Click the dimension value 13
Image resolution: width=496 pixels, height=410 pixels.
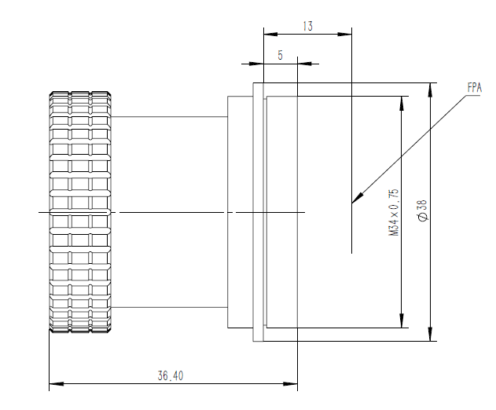pos(308,26)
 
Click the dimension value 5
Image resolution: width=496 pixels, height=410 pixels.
pos(280,55)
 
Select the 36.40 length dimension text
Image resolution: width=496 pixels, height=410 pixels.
pos(171,375)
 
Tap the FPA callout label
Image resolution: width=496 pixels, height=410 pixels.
pos(474,87)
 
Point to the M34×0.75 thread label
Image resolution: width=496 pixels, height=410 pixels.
pos(394,212)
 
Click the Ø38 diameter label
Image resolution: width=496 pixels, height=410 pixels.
pos(423,210)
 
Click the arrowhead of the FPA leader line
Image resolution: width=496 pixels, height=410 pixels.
pos(357,198)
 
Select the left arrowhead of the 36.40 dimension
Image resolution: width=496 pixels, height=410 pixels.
pos(57,384)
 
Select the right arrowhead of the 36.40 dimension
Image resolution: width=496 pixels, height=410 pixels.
pos(290,384)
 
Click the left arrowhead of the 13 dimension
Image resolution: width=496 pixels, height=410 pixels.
pos(270,34)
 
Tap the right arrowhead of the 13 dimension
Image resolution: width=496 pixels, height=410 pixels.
pos(344,34)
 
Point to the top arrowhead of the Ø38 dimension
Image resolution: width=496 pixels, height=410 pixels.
pos(430,90)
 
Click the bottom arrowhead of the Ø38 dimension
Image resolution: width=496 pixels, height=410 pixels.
pos(430,334)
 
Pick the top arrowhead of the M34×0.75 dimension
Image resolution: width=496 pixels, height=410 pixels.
pos(402,103)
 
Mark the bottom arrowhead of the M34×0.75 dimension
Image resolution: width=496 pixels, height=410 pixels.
pos(402,320)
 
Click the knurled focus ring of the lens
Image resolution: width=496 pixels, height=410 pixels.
pos(80,212)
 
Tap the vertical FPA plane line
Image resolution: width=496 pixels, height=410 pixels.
pos(351,141)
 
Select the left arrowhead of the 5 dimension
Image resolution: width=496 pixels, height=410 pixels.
pos(256,64)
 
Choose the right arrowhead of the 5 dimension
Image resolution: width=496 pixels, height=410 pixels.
pos(304,64)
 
